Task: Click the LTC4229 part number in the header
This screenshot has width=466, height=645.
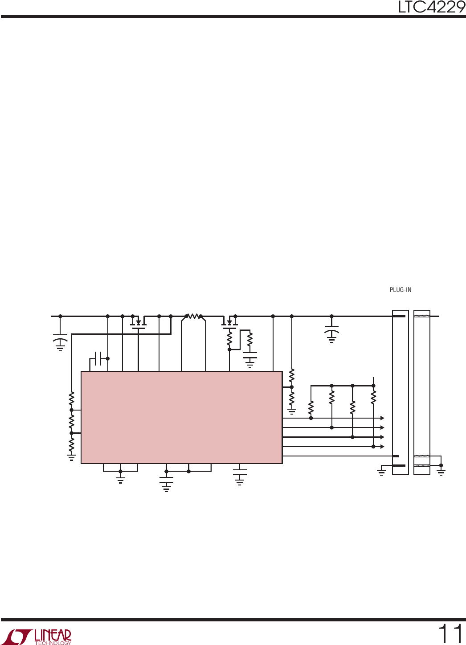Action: [x=431, y=7]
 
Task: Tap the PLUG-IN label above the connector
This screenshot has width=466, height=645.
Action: [x=401, y=290]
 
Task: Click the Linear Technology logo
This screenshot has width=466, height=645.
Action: [x=39, y=637]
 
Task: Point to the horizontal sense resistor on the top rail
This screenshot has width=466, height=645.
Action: [x=193, y=316]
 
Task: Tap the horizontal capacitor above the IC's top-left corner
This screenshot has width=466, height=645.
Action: [x=98, y=358]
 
